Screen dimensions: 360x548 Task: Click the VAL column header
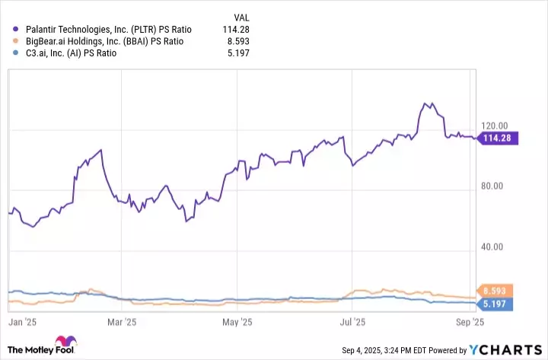pos(239,16)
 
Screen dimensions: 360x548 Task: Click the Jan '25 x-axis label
pos(23,323)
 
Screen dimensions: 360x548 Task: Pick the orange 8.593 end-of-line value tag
pos(496,291)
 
